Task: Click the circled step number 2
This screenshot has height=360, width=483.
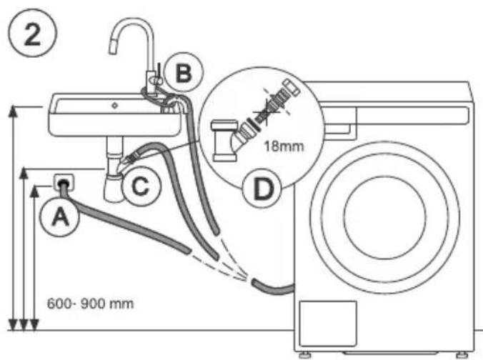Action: pos(32,33)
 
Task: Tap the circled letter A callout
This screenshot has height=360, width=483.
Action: pos(60,217)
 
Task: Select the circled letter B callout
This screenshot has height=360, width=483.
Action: pos(184,73)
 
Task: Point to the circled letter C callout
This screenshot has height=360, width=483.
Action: pos(141,186)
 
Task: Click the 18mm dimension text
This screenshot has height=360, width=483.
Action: pos(284,146)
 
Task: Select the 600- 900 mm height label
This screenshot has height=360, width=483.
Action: pos(90,304)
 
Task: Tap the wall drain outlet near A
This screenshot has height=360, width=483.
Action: pos(64,183)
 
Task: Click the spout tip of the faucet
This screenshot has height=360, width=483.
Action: pos(113,49)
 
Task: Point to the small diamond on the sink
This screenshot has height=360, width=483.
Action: pos(114,106)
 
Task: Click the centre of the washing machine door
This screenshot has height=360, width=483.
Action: pos(385,217)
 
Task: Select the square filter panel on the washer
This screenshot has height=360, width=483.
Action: pos(328,324)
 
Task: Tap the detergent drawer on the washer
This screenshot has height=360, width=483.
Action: pos(339,122)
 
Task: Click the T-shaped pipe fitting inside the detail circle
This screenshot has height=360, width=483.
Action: pos(224,141)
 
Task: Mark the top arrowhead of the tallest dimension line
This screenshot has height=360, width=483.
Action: pos(13,111)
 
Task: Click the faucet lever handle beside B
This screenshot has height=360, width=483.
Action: pos(159,74)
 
